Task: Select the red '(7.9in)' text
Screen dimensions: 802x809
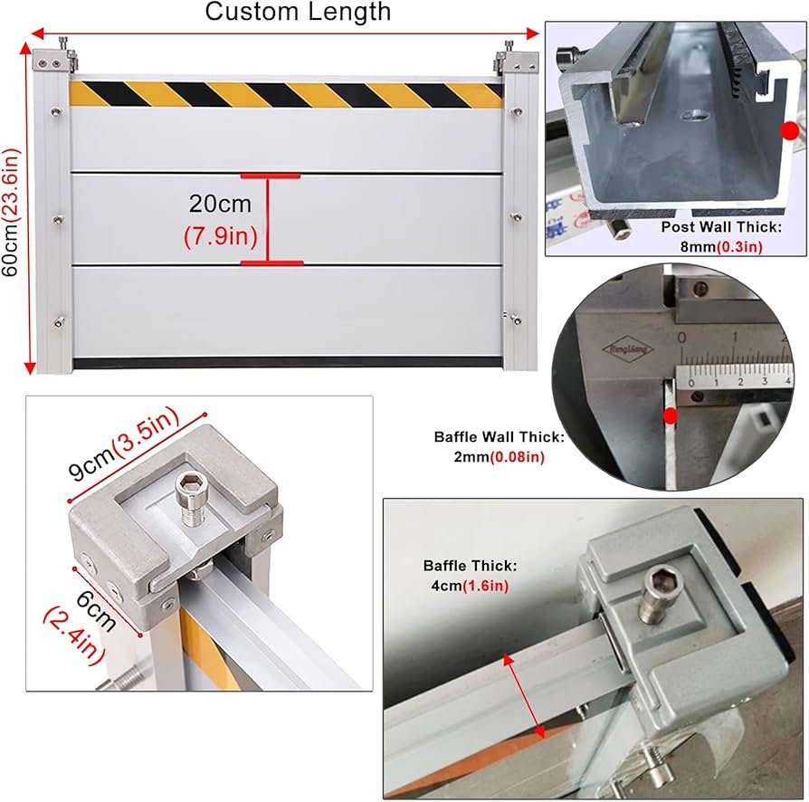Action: tap(221, 237)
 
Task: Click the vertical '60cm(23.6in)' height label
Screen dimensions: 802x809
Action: tap(10, 204)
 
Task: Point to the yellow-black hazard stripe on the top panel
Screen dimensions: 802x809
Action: tap(286, 93)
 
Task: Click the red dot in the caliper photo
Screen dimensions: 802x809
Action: tap(671, 416)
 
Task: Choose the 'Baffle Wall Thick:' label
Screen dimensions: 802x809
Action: tap(500, 437)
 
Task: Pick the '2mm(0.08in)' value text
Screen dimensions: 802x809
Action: tap(500, 458)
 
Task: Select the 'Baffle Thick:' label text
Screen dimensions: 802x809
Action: tap(471, 565)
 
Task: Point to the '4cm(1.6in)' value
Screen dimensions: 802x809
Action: tap(471, 586)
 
